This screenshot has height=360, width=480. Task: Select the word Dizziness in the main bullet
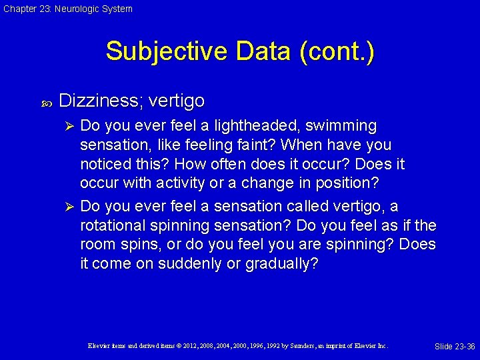coord(100,101)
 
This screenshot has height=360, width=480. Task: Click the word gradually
coord(281,264)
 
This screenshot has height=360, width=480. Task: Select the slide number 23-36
coord(464,346)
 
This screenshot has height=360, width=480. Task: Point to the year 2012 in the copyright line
coord(187,346)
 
